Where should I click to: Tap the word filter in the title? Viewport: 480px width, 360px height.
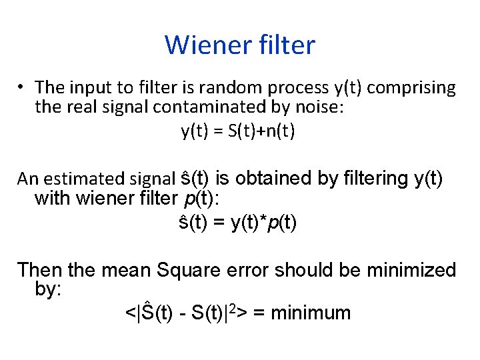[x=282, y=45]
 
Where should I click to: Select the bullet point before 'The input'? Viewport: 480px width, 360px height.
[x=22, y=87]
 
